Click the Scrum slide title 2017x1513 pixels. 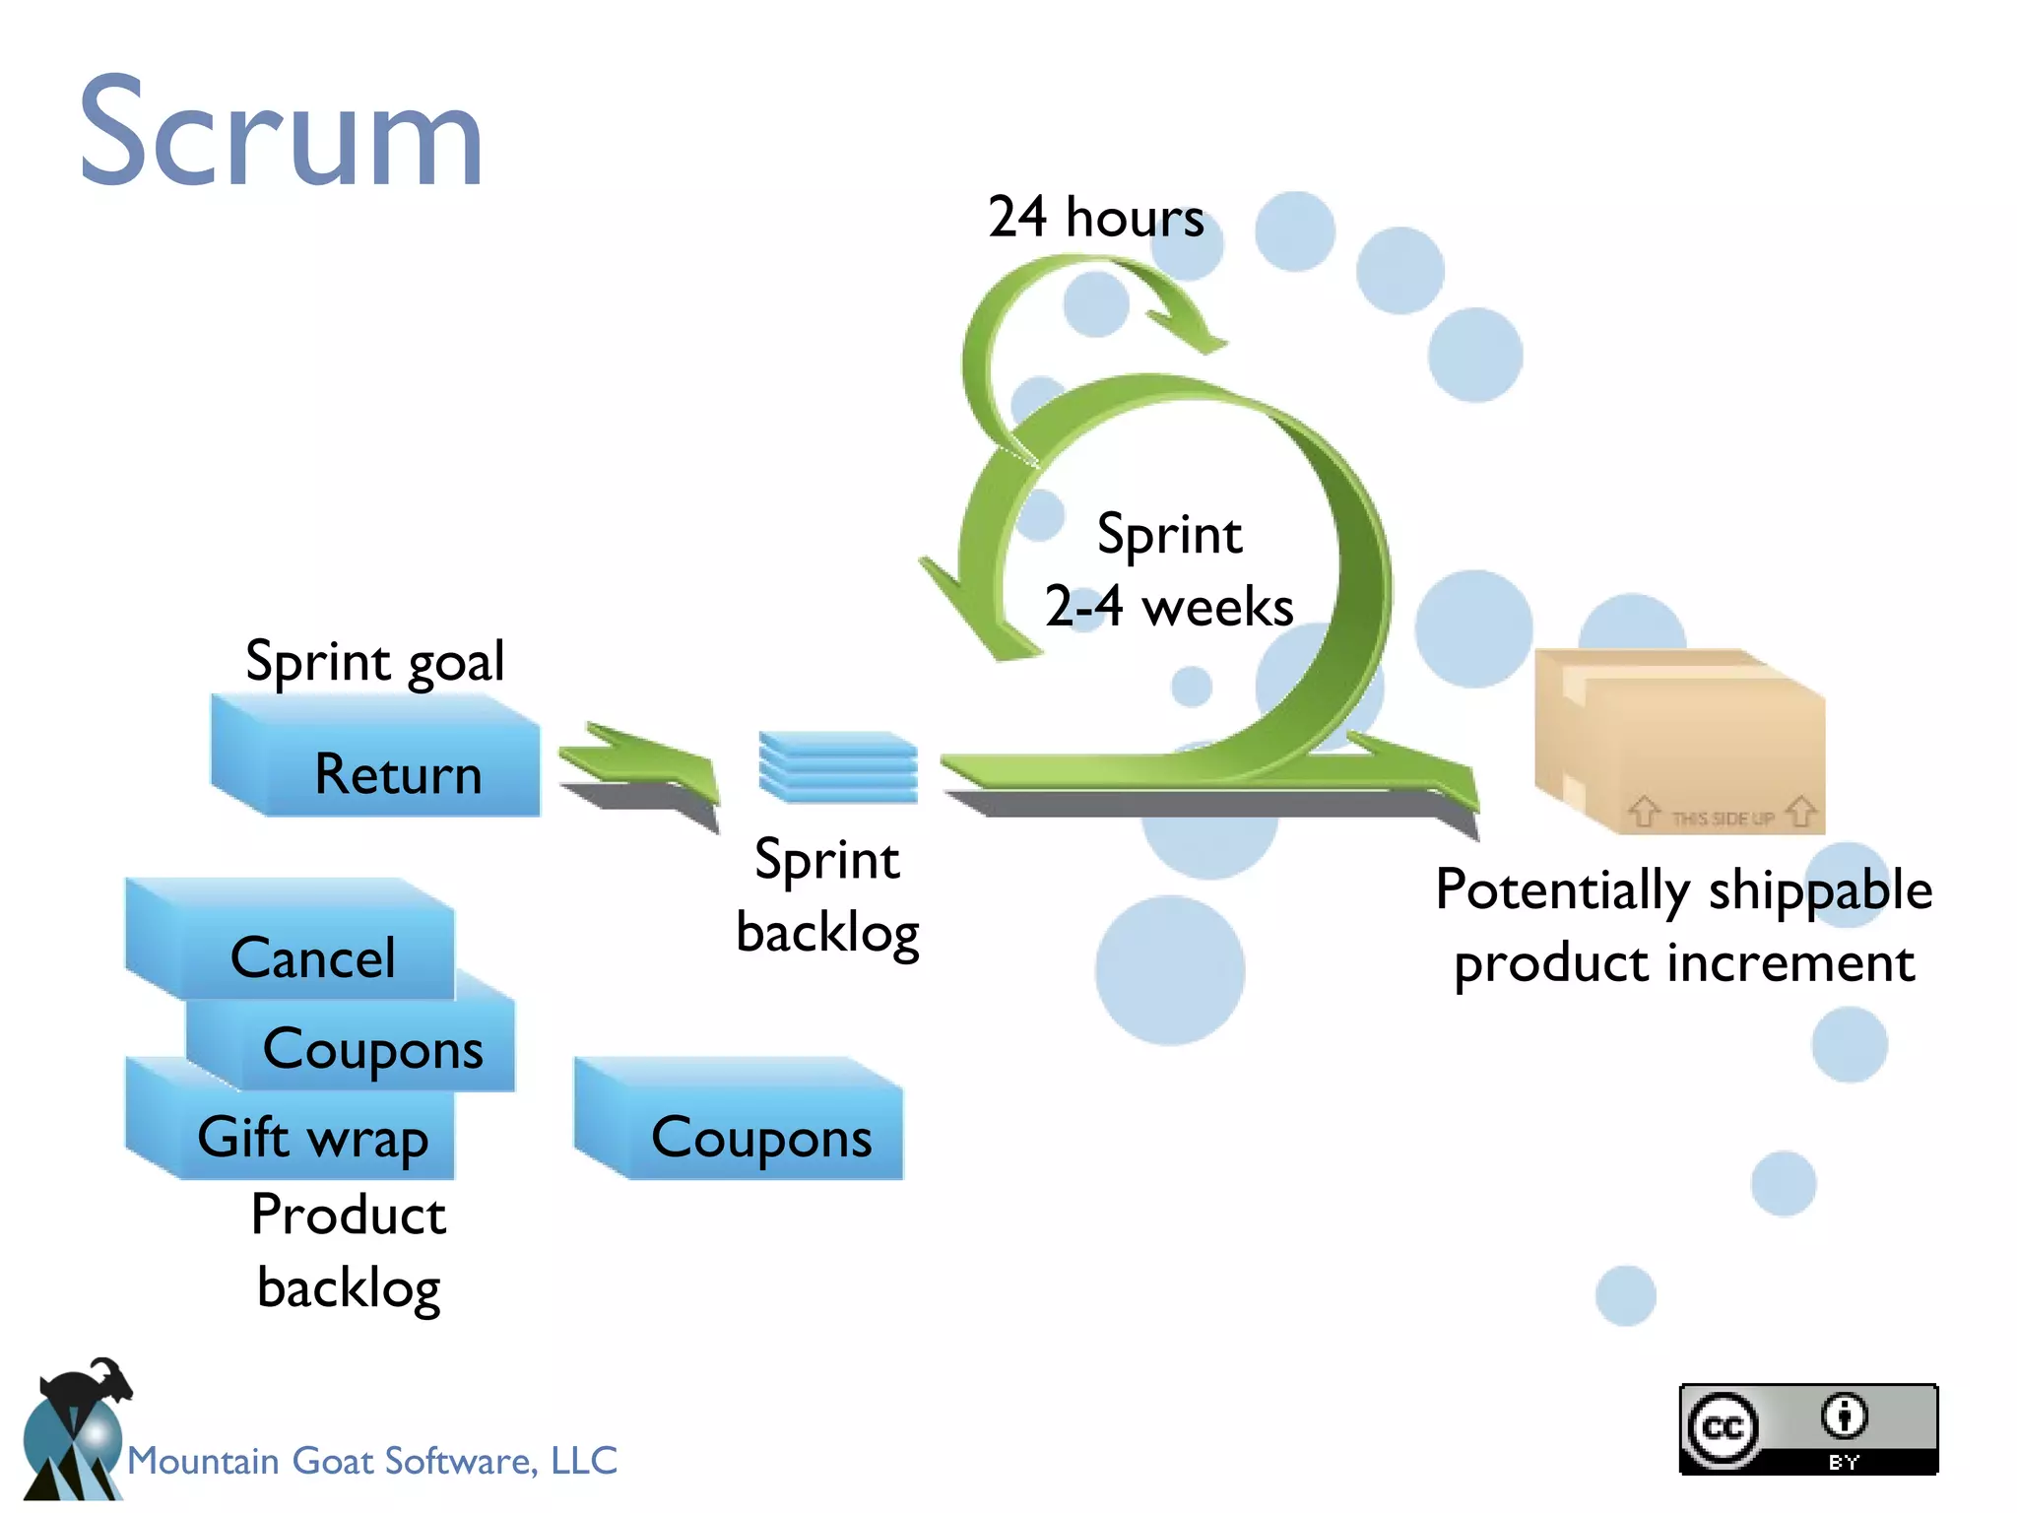pos(281,133)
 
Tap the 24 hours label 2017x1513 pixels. pos(1095,217)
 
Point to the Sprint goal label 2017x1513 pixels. pos(374,660)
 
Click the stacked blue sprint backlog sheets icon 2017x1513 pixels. pos(837,766)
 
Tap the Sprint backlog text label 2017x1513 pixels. pos(827,894)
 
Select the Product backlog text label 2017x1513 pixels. pos(348,1251)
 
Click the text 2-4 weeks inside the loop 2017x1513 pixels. pos(1169,606)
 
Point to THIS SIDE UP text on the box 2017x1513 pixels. pos(1723,818)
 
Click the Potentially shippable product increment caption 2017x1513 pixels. pos(1684,926)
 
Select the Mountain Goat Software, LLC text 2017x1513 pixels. pos(372,1460)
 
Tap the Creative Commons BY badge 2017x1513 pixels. pos(1808,1428)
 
